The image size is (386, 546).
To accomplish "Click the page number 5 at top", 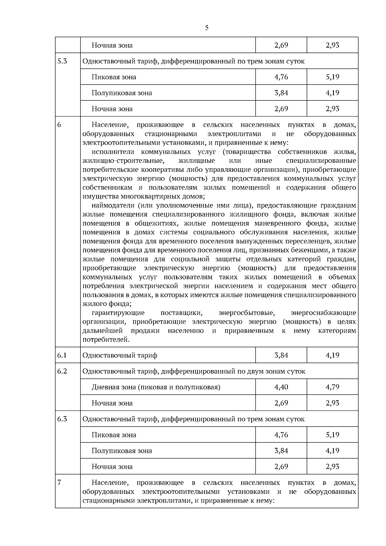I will (207, 28).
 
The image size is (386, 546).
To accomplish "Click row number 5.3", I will (62, 61).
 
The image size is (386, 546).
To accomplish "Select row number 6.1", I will (62, 355).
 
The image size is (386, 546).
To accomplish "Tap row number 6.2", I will (62, 371).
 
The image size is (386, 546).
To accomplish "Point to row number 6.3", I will (62, 419).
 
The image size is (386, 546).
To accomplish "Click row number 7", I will (59, 483).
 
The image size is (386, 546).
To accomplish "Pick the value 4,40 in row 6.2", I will (281, 387).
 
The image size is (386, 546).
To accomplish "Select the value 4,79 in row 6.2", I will (332, 387).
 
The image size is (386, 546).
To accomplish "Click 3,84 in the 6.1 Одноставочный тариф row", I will (281, 355).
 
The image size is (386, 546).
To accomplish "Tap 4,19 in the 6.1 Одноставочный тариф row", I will (332, 355).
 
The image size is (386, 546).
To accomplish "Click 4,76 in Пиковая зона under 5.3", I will (281, 77).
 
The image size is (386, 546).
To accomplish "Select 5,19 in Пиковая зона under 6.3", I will (332, 435).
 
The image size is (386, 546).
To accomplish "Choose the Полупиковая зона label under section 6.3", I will (122, 451).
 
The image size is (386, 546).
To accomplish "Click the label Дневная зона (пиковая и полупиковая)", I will (156, 387).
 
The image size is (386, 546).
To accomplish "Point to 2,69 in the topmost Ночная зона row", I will (281, 45).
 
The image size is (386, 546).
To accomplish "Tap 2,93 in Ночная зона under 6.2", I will (332, 403).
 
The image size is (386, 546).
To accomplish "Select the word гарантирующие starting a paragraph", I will (118, 313).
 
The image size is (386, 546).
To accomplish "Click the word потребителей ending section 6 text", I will (106, 340).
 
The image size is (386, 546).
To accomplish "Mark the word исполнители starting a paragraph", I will (113, 152).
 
